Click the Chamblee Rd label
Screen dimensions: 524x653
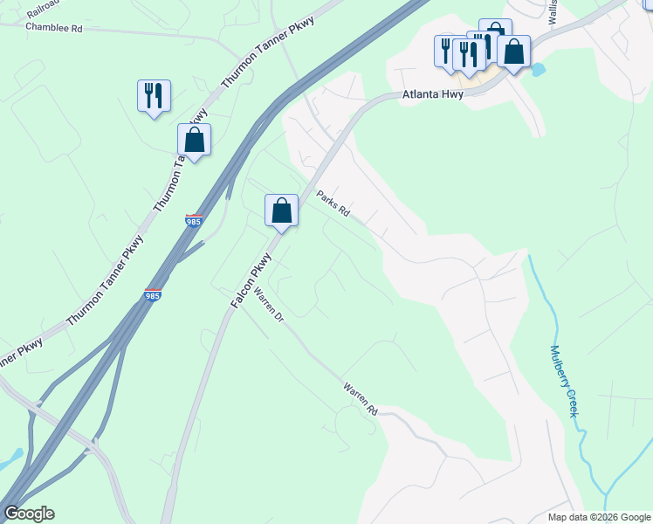coord(54,28)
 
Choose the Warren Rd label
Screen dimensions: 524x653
coord(360,397)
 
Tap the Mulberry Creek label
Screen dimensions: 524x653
coord(564,381)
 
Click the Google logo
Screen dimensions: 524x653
coord(29,514)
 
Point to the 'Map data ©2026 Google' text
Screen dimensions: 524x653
coord(598,517)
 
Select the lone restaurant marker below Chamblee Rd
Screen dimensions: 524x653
coord(154,96)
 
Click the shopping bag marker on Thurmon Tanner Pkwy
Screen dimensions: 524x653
coord(194,140)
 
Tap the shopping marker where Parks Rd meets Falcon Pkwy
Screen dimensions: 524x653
coord(281,210)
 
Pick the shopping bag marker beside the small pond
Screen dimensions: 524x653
coord(514,52)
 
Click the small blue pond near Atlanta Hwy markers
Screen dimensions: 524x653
coord(537,68)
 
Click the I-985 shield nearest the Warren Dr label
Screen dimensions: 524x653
coord(152,296)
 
